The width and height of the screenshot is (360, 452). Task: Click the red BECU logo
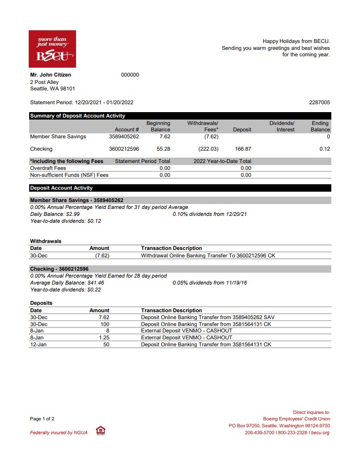point(52,48)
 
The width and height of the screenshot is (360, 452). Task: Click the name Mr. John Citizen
point(50,75)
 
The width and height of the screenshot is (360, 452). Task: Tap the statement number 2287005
point(319,103)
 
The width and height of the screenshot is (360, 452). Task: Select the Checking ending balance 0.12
point(324,149)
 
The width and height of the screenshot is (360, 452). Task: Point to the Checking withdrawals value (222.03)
point(208,149)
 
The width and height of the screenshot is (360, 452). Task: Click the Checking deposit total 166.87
point(243,149)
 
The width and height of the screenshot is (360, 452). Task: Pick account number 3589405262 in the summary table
point(124,137)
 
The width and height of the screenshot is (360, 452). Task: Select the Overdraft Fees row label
point(48,168)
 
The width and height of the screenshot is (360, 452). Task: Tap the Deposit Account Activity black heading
point(61,188)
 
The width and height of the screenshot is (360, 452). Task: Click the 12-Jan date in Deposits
point(38,344)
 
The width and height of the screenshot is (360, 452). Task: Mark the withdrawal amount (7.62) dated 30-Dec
point(102,255)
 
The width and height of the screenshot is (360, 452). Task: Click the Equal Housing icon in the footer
point(100,431)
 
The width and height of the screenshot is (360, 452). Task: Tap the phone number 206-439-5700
point(260,433)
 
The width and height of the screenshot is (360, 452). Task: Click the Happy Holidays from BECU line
point(296,41)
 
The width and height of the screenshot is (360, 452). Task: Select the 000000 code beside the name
point(130,75)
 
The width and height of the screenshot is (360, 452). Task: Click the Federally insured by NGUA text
point(59,433)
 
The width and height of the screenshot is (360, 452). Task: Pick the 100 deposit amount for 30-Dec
point(105,324)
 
